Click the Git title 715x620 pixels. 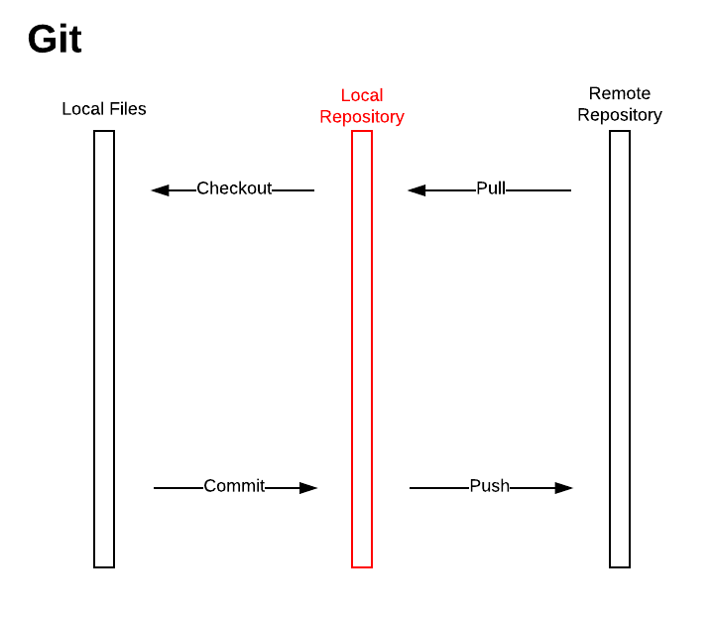[x=55, y=40]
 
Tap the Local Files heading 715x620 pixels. [x=104, y=109]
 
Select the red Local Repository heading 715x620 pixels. [x=362, y=106]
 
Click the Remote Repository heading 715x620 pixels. [x=620, y=104]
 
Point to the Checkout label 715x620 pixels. [x=234, y=188]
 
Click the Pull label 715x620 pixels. [x=491, y=188]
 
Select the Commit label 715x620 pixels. [x=234, y=486]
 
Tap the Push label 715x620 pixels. [x=489, y=486]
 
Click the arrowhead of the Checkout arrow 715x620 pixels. [x=160, y=190]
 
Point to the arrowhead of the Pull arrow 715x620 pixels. [x=417, y=190]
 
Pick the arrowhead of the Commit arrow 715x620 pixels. [x=308, y=488]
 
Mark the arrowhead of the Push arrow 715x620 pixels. [x=564, y=488]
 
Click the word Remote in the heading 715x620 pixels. [x=620, y=94]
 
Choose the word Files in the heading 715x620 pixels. [x=127, y=109]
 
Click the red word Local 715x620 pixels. [x=362, y=95]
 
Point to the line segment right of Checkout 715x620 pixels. [x=293, y=190]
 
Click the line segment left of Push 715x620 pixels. [x=438, y=488]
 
